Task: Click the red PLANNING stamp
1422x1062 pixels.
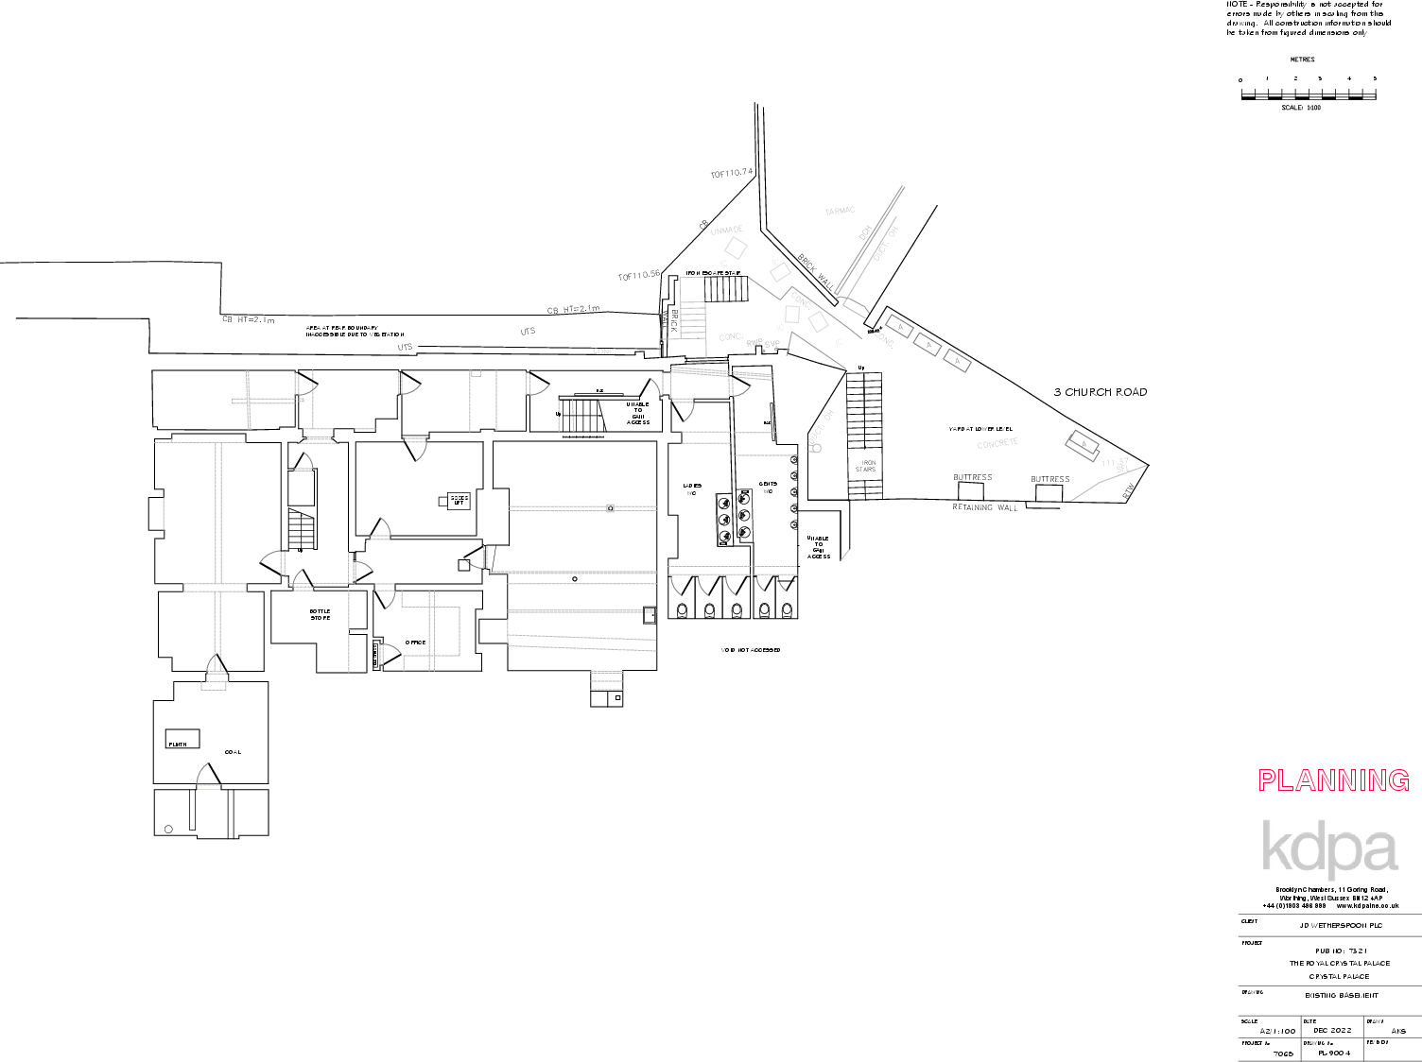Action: (1333, 780)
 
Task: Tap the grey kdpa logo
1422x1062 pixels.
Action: (1329, 847)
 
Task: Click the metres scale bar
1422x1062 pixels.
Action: (1308, 94)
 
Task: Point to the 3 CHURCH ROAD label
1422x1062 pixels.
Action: (1101, 392)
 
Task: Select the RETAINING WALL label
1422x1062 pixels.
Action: (985, 508)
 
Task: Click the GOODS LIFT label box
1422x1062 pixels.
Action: (459, 500)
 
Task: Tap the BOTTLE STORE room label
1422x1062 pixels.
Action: (321, 615)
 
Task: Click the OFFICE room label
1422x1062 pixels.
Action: (415, 642)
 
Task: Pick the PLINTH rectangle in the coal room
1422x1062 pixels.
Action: (182, 738)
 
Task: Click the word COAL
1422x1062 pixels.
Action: (233, 752)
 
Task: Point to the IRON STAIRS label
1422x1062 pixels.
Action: (866, 466)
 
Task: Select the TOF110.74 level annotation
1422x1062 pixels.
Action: (731, 174)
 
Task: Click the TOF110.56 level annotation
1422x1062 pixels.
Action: (638, 276)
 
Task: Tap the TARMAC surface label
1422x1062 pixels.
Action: (840, 211)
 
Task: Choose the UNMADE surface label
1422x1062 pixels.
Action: (726, 230)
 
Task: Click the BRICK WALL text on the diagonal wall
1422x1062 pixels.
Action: (815, 270)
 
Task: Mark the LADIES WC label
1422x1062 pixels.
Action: (690, 488)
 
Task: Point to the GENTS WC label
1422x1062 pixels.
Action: (767, 488)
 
